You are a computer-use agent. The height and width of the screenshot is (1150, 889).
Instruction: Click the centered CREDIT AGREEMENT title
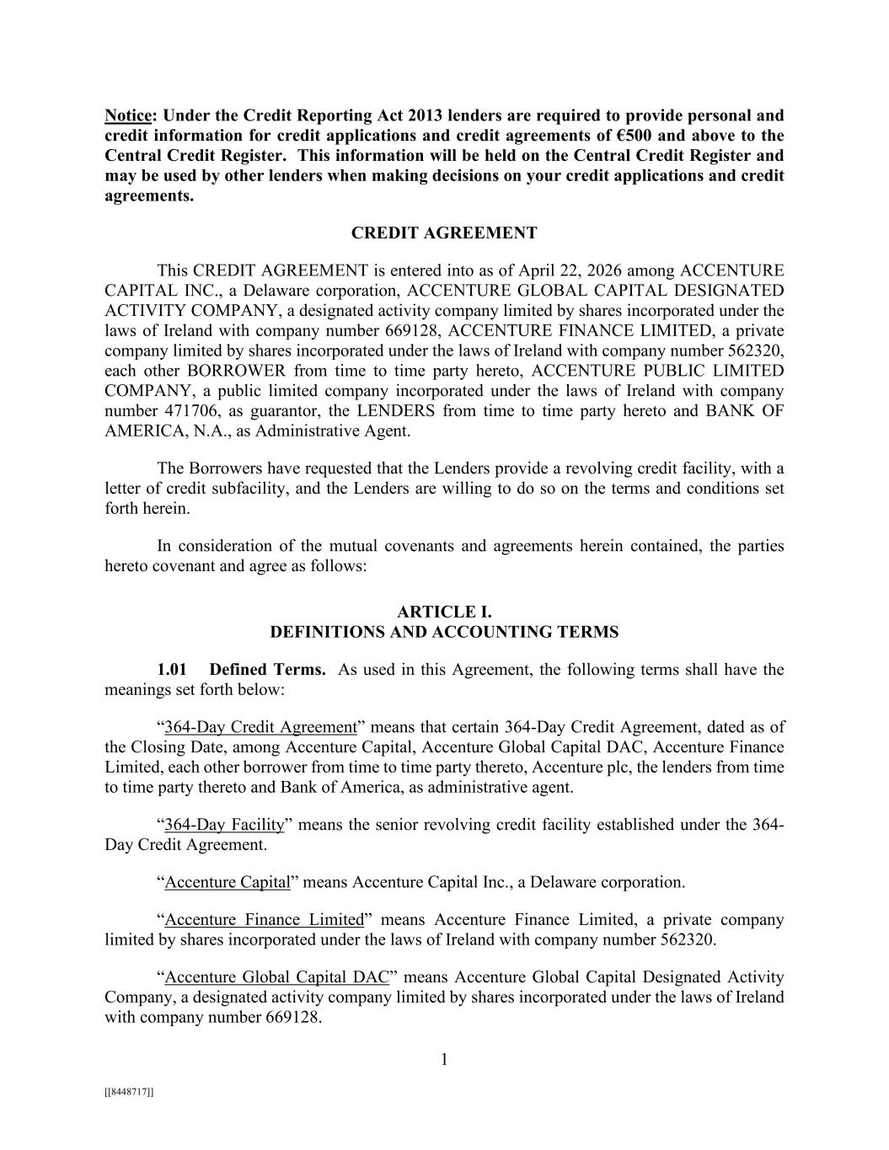444,233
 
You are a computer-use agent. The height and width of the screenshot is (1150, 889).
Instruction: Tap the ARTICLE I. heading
444,612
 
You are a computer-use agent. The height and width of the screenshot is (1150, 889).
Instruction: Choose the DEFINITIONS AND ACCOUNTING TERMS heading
444,632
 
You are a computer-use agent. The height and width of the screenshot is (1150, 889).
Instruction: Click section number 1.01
172,670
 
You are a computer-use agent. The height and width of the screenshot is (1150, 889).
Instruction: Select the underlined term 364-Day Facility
224,824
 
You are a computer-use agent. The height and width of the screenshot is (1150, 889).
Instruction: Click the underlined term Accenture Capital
228,882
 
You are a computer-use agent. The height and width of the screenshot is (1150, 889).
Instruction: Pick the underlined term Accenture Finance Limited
264,920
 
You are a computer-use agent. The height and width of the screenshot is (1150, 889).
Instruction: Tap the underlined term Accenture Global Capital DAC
277,977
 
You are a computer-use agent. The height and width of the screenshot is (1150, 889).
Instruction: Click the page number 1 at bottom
444,1060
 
